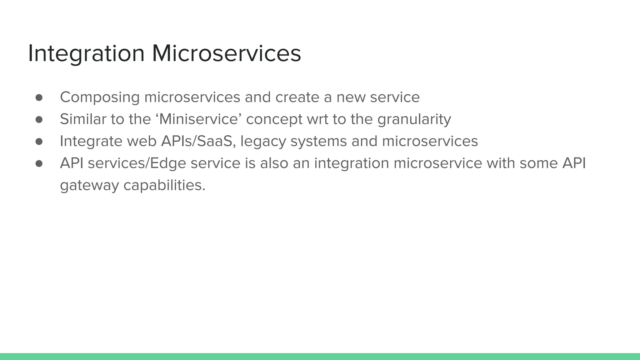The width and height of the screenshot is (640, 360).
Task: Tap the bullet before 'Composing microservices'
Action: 39,97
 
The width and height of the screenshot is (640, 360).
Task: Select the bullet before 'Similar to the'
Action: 39,119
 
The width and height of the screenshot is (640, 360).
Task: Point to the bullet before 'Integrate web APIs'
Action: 39,142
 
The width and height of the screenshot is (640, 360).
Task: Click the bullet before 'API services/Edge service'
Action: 39,163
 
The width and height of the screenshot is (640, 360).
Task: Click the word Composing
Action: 100,97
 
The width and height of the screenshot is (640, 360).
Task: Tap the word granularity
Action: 414,119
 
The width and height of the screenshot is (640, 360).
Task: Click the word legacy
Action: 263,141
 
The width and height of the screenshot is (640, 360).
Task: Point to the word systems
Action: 318,141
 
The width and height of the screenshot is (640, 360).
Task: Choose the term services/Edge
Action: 137,163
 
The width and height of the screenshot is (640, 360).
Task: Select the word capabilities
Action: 164,186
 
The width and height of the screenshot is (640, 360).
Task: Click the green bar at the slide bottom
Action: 320,357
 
